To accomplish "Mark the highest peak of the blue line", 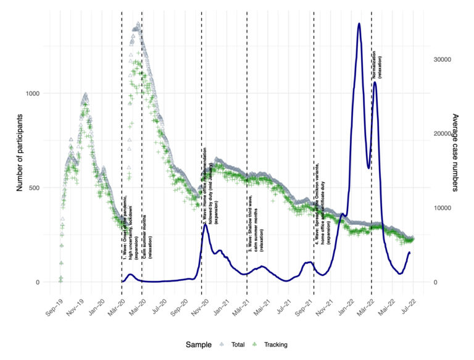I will [359, 24].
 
